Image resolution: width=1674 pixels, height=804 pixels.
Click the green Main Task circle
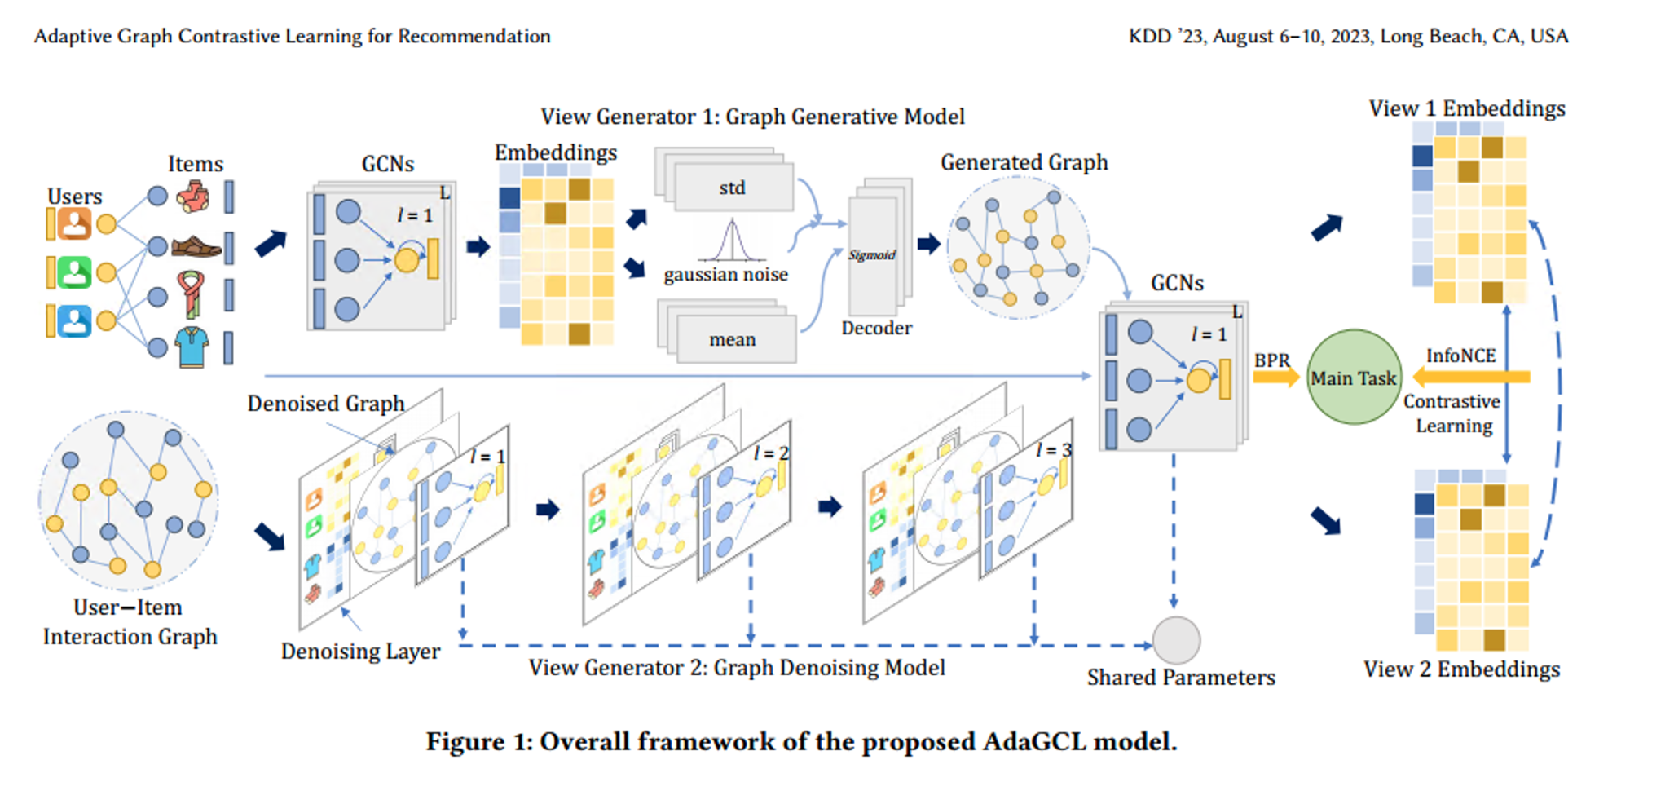pyautogui.click(x=1354, y=378)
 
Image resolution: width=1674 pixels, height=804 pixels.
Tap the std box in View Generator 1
pyautogui.click(x=733, y=188)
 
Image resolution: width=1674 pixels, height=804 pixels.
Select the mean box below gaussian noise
pyautogui.click(x=732, y=339)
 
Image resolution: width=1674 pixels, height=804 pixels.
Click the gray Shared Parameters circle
pyautogui.click(x=1176, y=640)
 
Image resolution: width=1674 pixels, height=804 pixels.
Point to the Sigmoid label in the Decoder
pyautogui.click(x=871, y=255)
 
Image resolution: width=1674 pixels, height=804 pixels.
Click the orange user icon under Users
pyautogui.click(x=74, y=223)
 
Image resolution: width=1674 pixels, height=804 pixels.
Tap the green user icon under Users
pyautogui.click(x=74, y=272)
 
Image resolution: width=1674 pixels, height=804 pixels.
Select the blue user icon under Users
pyautogui.click(x=74, y=321)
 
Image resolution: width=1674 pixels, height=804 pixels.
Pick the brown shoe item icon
pyautogui.click(x=196, y=246)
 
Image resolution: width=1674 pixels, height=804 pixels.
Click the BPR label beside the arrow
pyautogui.click(x=1271, y=360)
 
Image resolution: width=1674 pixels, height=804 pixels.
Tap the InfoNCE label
pyautogui.click(x=1460, y=356)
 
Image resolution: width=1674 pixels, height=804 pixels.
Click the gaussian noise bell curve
pyautogui.click(x=731, y=241)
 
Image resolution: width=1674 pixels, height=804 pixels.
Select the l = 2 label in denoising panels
pyautogui.click(x=770, y=453)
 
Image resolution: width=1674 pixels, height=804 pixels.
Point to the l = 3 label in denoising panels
pyautogui.click(x=1053, y=450)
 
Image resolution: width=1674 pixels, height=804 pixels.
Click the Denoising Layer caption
pyautogui.click(x=360, y=652)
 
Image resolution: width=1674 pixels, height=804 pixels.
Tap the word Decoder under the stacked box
pyautogui.click(x=876, y=328)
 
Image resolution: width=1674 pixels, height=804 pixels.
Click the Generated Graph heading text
pyautogui.click(x=1024, y=162)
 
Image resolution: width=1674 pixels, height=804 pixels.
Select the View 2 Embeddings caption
pyautogui.click(x=1461, y=669)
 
